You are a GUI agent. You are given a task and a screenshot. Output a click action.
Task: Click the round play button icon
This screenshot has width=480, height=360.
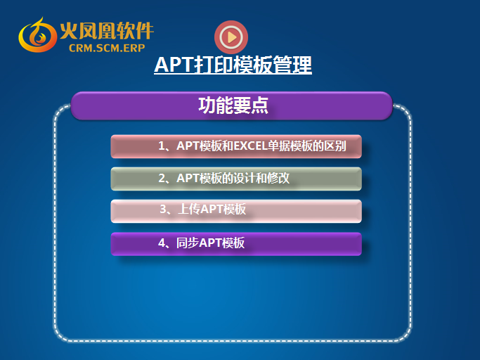tap(231, 37)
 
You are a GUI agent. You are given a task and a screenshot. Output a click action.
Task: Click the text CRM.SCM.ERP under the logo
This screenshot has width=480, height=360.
tap(107, 48)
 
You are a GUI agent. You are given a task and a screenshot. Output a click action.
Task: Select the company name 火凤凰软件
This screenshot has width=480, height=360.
tap(107, 31)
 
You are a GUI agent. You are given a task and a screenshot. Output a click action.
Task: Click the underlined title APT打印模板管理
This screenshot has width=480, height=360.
tap(233, 65)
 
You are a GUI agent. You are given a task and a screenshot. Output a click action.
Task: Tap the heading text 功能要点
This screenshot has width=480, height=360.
tap(233, 105)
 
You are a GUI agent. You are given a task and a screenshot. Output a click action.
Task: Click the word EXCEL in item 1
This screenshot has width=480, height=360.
tap(250, 146)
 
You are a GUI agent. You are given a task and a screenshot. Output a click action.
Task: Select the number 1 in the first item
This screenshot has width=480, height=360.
tap(162, 146)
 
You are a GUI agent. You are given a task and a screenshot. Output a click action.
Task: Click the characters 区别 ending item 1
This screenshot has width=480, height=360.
tap(335, 146)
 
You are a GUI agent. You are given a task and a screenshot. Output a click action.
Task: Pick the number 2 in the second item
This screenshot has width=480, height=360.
tap(162, 178)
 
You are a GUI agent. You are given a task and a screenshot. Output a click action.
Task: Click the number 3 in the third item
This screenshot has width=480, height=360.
tap(163, 210)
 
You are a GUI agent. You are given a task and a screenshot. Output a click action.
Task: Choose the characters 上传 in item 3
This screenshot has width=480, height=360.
tap(189, 210)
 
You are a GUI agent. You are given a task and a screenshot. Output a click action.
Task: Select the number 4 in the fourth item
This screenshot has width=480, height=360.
tap(162, 243)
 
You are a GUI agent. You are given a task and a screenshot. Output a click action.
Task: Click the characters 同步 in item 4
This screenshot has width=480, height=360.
tap(188, 243)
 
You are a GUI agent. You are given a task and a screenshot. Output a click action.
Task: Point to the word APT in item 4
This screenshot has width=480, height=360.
tap(210, 243)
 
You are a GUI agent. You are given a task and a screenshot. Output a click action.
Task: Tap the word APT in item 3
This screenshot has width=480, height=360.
tap(212, 210)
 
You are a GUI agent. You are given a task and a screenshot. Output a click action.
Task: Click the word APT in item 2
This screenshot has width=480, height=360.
tap(188, 178)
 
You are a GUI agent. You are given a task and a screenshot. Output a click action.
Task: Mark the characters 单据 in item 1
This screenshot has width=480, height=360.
tap(278, 146)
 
